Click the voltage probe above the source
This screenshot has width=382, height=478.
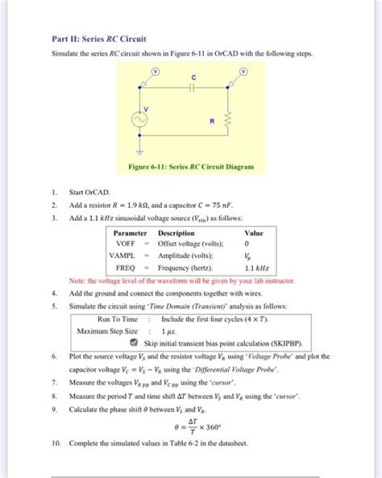(144, 73)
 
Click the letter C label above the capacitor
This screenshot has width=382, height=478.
(193, 77)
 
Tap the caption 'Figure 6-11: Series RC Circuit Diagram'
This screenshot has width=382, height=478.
(191, 167)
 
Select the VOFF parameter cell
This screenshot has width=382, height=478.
(125, 243)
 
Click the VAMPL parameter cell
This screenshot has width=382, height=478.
(126, 255)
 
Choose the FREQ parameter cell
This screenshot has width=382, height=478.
(126, 267)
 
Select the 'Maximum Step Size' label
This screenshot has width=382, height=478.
(107, 331)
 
